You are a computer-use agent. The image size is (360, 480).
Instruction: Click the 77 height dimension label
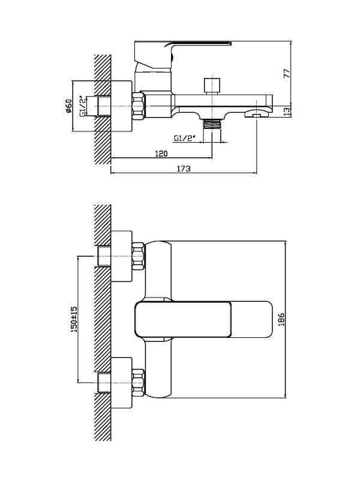pos(287,74)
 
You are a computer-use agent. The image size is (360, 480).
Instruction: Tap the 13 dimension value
pos(287,112)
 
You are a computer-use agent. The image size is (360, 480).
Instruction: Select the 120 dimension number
pos(161,153)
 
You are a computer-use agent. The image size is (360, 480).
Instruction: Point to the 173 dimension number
pos(184,168)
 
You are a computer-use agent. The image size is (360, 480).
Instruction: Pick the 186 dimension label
pos(281,319)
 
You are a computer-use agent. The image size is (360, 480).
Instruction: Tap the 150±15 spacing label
pos(74,320)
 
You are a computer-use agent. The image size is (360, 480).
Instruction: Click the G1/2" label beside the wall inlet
pos(82,107)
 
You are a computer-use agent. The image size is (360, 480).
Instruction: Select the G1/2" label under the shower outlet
pos(185,138)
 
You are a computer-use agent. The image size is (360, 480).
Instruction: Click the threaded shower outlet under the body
pos(212,125)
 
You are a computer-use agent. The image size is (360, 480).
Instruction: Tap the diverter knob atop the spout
pos(212,86)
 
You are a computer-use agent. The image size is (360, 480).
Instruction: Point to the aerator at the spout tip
pos(256,115)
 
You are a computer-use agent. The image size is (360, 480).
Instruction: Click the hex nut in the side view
pos(138,106)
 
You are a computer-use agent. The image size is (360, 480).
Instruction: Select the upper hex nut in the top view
pos(138,256)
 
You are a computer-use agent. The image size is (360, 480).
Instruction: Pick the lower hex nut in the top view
pos(138,383)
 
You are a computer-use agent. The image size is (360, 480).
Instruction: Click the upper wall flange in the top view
pos(121,256)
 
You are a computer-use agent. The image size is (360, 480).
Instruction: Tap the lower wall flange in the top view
pos(121,383)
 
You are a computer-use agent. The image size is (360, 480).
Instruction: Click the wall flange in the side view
pos(121,106)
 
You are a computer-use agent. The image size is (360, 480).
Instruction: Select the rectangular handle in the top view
pos(203,320)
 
